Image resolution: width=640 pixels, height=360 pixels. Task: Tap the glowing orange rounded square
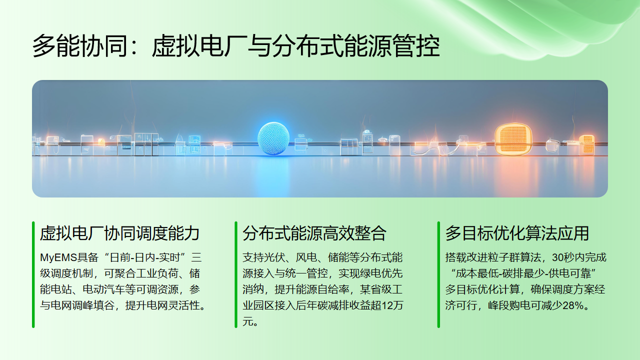click(510, 137)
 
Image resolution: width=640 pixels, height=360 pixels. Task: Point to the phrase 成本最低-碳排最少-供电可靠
click(519, 274)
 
